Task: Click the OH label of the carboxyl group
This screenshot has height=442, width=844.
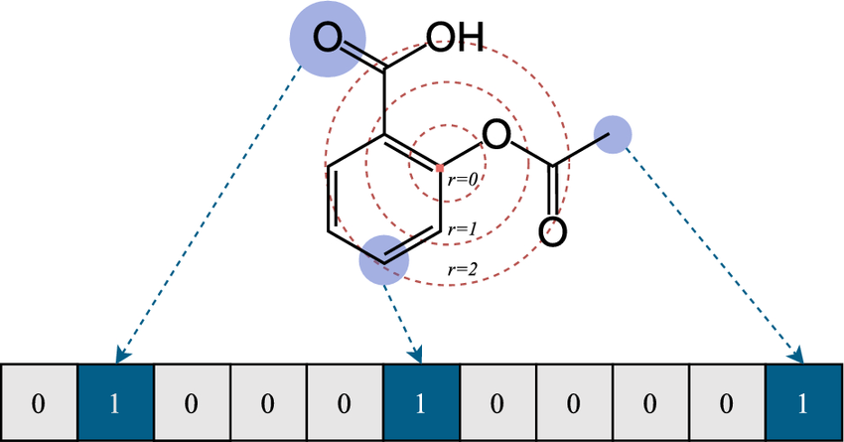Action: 455,38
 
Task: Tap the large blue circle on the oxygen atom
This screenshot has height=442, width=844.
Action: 328,39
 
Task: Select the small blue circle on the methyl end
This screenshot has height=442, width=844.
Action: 613,134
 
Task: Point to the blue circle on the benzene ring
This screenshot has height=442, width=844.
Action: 384,259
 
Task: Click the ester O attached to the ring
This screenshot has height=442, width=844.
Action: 495,135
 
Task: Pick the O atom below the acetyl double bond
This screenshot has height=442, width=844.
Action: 552,232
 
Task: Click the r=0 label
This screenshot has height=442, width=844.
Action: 463,179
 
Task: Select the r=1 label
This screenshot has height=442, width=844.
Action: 463,229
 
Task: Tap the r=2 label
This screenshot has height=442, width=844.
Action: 463,268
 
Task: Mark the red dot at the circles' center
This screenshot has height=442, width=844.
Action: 440,169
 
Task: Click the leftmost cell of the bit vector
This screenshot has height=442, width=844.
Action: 40,402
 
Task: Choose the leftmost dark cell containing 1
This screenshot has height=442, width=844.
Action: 116,402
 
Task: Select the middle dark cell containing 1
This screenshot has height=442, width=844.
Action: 421,402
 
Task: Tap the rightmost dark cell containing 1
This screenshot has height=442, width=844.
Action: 803,402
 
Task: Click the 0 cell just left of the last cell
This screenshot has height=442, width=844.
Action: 727,402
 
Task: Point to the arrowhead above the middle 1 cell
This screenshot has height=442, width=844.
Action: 415,356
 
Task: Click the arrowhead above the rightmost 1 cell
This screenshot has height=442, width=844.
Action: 797,356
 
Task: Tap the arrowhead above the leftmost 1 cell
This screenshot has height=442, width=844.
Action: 123,356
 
